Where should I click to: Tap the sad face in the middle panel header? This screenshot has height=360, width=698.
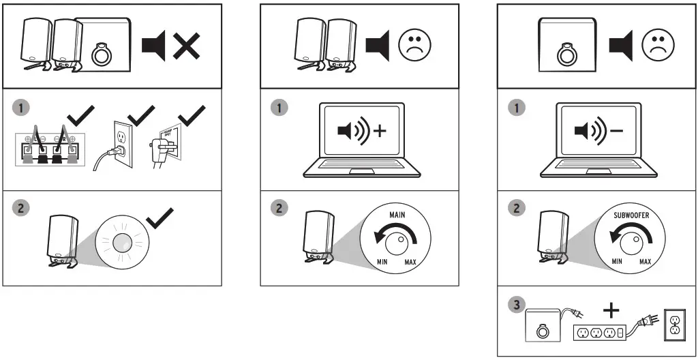click(415, 46)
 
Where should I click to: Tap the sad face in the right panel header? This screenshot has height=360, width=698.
click(658, 46)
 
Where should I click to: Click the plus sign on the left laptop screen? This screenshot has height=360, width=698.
click(379, 131)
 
